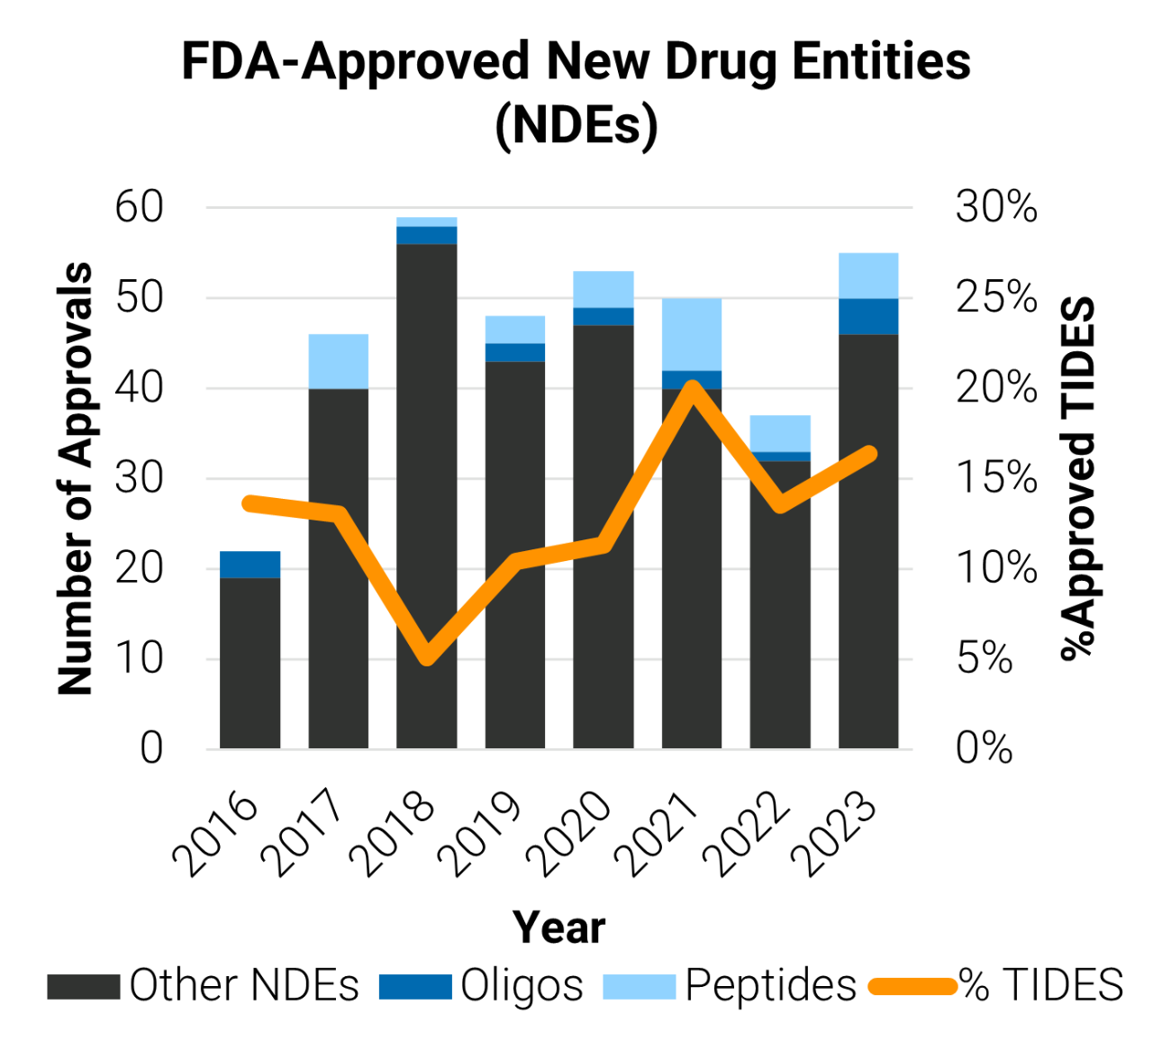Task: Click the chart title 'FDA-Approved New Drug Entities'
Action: (x=576, y=61)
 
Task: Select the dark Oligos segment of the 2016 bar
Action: (x=250, y=565)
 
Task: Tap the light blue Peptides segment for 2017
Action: (x=338, y=361)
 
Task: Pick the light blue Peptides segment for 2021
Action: (x=692, y=334)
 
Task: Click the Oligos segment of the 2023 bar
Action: (x=868, y=316)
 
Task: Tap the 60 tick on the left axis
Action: (x=139, y=207)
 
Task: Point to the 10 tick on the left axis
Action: (x=139, y=658)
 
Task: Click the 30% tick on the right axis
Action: (x=996, y=207)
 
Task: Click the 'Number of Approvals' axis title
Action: (x=76, y=478)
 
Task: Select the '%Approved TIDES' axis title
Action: (x=1078, y=478)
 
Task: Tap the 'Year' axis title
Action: (x=558, y=928)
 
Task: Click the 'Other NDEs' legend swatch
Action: (x=83, y=986)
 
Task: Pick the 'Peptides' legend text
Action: (x=770, y=985)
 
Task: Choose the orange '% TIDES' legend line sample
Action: (x=912, y=986)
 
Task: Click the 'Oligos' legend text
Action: (x=522, y=985)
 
